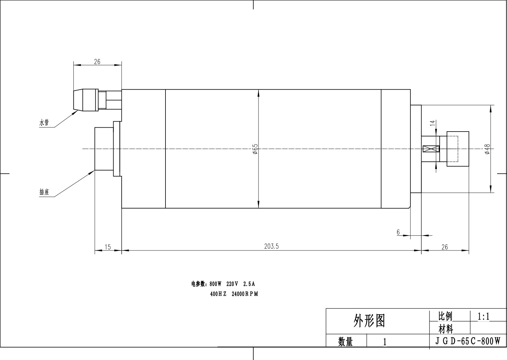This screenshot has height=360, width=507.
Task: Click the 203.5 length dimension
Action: click(271, 246)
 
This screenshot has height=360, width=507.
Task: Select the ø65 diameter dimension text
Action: click(255, 149)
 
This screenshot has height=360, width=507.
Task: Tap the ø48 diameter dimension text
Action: click(487, 149)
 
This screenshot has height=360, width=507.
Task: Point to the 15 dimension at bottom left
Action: click(108, 247)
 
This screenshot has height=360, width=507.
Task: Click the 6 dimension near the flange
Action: click(398, 232)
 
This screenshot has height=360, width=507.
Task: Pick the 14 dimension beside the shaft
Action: click(433, 123)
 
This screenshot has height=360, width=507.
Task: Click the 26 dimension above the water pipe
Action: click(97, 62)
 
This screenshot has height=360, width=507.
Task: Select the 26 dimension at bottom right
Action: click(444, 247)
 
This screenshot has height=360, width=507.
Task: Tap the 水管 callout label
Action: click(44, 123)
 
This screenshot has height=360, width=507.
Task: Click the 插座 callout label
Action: click(44, 192)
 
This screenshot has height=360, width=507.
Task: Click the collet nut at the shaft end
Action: click(457, 149)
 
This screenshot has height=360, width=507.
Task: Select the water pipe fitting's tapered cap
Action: click(78, 100)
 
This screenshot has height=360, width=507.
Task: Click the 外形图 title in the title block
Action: click(369, 321)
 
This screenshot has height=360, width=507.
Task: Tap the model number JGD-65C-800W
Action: click(468, 341)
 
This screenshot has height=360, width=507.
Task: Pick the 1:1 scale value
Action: click(483, 316)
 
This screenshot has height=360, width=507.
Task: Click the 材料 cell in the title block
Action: click(446, 328)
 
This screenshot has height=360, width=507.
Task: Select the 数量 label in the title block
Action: click(345, 342)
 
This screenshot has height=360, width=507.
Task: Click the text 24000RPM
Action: click(245, 294)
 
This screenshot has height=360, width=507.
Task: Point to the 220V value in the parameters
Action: click(232, 284)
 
